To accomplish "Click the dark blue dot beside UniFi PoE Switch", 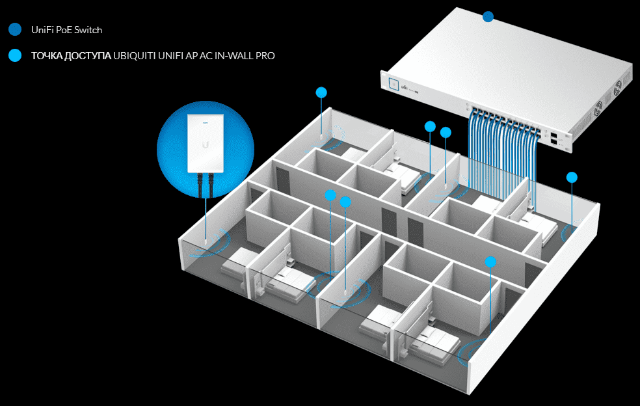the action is [15, 29].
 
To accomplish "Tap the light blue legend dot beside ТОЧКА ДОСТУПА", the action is [15, 55].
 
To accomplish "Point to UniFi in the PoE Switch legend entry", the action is [42, 30].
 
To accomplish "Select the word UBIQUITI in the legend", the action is [134, 56].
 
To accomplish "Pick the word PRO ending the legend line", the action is [265, 56].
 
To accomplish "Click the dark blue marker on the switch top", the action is [488, 17].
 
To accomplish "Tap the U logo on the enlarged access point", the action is [206, 144].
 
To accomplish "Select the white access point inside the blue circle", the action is [206, 143].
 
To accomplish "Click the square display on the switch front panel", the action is [394, 84].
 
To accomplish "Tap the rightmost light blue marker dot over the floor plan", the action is [572, 177].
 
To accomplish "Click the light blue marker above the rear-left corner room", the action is [321, 92].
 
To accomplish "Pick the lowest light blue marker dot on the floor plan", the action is [490, 262].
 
